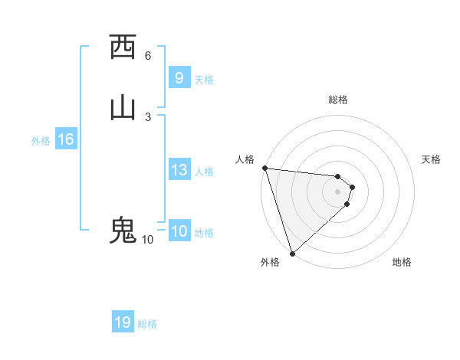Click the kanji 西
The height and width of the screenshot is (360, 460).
[123, 47]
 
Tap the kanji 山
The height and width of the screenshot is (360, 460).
[123, 108]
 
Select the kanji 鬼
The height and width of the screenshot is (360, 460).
[123, 231]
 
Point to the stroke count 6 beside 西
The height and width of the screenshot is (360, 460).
[148, 55]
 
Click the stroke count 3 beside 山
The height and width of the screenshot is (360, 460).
[148, 116]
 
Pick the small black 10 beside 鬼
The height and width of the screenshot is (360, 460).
[147, 240]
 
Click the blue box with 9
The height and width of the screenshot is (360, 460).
[179, 77]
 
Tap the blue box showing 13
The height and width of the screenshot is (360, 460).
[179, 170]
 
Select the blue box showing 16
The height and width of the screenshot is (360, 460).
[65, 139]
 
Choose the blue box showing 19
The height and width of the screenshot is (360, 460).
[123, 322]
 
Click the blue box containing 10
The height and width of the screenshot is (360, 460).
[179, 231]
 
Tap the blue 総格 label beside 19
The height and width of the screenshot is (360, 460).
[147, 324]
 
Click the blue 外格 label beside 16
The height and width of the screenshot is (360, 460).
[41, 141]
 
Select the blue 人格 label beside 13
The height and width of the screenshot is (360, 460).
[204, 172]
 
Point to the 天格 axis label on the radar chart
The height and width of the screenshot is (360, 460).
[431, 159]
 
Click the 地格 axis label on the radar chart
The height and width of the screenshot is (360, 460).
[402, 262]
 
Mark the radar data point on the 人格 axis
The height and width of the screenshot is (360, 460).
[264, 168]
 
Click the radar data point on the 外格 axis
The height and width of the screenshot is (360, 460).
[291, 253]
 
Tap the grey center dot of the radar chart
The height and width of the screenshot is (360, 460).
[337, 191]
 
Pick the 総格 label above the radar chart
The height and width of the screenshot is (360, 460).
[337, 100]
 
